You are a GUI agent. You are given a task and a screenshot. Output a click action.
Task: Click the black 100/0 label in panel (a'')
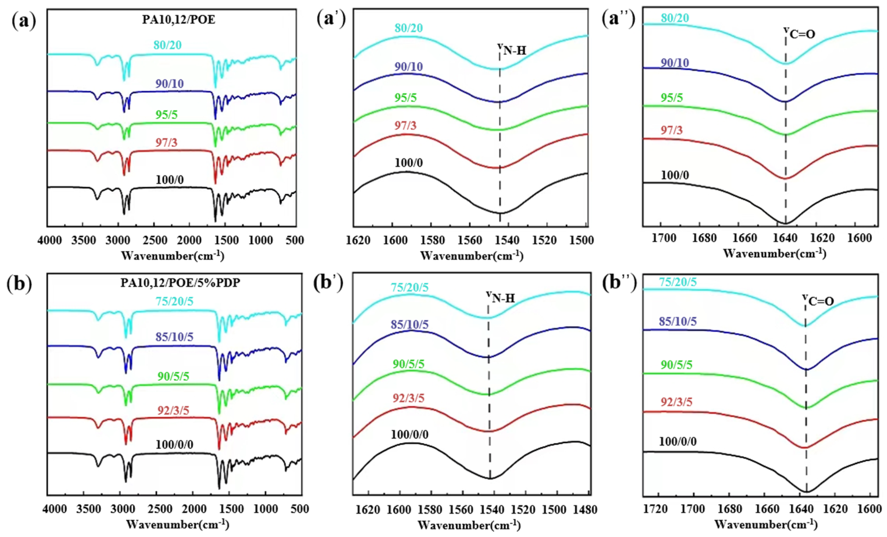675,175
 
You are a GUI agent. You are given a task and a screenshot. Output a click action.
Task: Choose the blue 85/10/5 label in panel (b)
175,337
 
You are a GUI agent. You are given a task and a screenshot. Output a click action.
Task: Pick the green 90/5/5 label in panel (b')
408,364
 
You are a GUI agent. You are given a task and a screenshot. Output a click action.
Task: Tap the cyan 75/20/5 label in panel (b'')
678,282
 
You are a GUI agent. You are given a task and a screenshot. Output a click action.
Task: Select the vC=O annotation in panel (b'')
818,300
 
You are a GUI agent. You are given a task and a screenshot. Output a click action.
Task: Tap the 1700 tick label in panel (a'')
664,238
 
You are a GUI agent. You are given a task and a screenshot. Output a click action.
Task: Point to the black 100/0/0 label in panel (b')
410,435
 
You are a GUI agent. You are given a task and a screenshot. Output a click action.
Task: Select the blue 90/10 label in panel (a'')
675,63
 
